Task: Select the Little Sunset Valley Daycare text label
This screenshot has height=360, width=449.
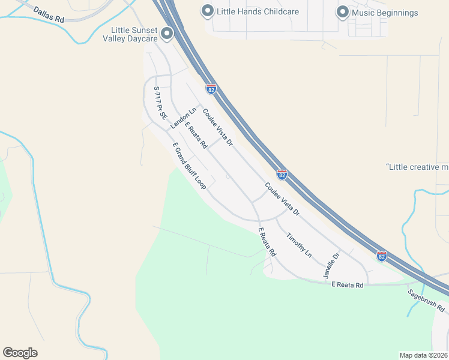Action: pos(134,34)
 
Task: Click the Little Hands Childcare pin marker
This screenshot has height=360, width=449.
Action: pos(207,11)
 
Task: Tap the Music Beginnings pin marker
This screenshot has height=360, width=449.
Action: pos(342,12)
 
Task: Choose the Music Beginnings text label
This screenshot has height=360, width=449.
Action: pos(385,12)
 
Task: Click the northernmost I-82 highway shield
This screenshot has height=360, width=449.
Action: pos(211,89)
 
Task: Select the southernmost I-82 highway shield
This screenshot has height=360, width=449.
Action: pos(381,256)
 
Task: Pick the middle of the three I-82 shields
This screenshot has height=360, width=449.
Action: pos(282,175)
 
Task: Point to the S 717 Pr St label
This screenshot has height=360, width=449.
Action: pos(160,103)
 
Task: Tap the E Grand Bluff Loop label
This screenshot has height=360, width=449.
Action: pos(189,166)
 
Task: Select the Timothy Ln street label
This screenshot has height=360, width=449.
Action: pos(299,245)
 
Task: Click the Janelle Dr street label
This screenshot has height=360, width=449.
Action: pos(332,265)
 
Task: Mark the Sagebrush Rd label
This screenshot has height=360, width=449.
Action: pos(426,301)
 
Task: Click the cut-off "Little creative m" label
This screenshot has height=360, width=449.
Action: pos(418,167)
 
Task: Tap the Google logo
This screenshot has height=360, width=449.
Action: pos(20,353)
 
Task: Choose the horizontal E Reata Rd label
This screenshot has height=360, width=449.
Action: pos(348,285)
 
